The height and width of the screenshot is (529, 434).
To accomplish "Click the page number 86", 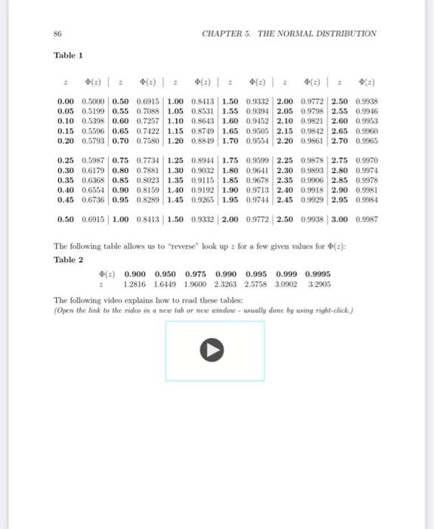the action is pos(57,33).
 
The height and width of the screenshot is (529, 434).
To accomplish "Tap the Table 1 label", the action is pos(69,55).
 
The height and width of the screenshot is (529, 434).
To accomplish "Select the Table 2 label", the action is pos(69,259).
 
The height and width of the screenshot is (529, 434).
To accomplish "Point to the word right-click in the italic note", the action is pos(329,310).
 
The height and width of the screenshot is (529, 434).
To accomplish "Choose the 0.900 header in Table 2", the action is pos(135,275).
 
